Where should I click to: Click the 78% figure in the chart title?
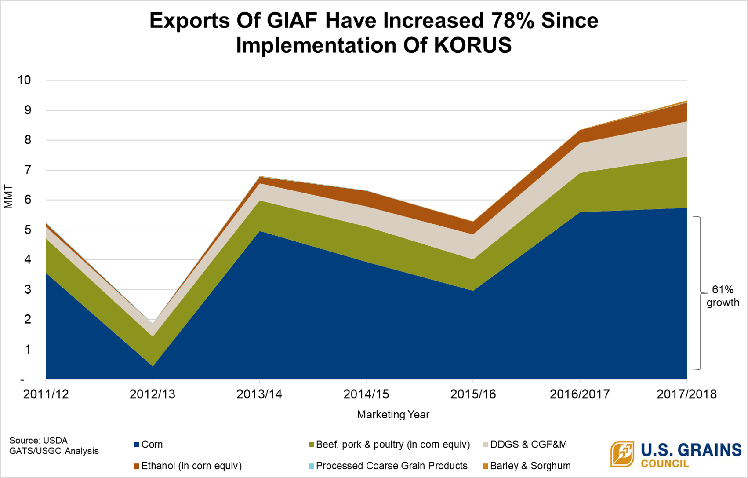click(512, 21)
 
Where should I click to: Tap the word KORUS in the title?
click(473, 45)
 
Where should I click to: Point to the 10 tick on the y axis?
click(24, 80)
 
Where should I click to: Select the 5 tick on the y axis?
click(28, 230)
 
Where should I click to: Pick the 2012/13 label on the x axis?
click(152, 394)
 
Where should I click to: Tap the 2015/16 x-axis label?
click(473, 394)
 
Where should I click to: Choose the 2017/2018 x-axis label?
click(686, 394)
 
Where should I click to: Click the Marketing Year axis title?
click(393, 415)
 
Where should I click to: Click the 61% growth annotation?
click(723, 296)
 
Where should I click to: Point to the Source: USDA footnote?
click(39, 441)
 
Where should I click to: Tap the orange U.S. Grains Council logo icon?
click(622, 454)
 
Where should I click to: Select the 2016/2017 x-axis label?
click(580, 394)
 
